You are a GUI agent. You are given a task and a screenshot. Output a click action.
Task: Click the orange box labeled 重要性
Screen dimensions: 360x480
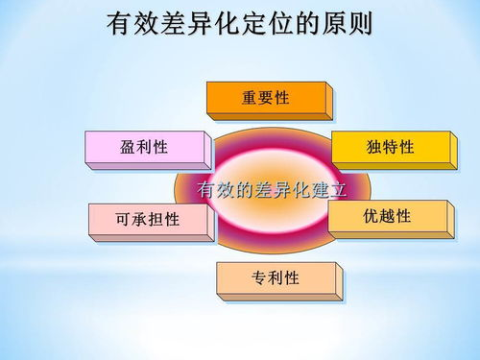pos(266,98)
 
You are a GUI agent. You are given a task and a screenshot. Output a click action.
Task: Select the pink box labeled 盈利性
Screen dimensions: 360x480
pos(145,147)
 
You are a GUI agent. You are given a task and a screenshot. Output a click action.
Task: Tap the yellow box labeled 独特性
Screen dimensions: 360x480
pos(390,147)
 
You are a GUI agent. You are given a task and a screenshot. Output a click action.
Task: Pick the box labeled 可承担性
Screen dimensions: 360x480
pos(148,220)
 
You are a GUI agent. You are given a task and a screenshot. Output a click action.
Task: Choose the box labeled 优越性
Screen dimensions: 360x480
pos(387,217)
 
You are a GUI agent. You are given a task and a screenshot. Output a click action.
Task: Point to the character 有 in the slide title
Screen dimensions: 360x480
pos(119,23)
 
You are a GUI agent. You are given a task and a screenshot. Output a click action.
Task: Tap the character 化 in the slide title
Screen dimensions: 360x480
pos(227,23)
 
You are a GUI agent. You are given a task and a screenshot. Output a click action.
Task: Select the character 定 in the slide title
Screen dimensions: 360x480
pos(253,23)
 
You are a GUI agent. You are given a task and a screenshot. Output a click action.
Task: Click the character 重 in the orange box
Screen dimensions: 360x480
pos(250,98)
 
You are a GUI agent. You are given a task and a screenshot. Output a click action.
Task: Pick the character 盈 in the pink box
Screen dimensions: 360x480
pos(129,147)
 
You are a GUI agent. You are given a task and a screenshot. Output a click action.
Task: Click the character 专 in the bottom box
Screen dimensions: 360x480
pos(259,278)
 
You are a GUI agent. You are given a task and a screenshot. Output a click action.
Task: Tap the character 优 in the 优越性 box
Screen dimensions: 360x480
pos(371,217)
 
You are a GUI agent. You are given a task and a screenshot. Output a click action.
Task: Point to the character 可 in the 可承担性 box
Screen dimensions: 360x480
pos(123,220)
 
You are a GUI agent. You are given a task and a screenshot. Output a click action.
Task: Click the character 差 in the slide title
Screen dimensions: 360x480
pos(173,23)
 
